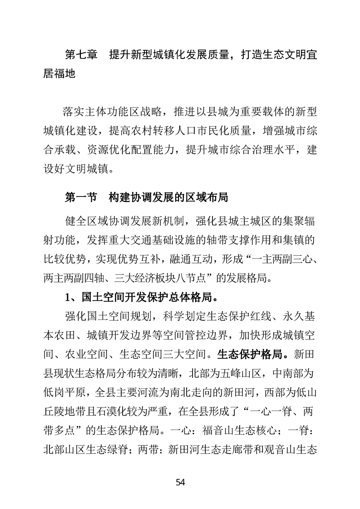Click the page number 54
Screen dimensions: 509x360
point(180,482)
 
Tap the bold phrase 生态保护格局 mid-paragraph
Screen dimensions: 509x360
point(247,353)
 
